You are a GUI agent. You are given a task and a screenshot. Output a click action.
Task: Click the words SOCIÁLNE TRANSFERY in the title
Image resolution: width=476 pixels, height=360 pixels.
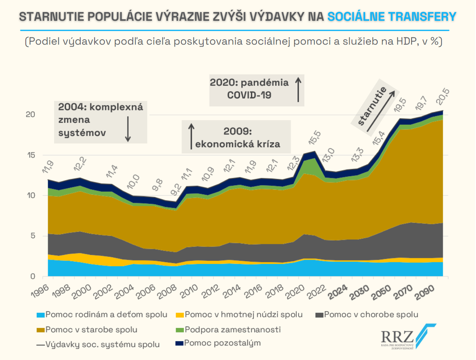pyautogui.click(x=392, y=17)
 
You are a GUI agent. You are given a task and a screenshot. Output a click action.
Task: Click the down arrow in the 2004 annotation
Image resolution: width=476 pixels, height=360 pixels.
pyautogui.click(x=128, y=129)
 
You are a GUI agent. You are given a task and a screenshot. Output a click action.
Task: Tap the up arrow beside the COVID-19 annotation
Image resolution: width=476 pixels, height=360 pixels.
pyautogui.click(x=298, y=89)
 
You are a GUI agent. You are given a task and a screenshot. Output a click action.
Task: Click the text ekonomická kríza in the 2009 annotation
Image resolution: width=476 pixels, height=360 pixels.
pyautogui.click(x=238, y=144)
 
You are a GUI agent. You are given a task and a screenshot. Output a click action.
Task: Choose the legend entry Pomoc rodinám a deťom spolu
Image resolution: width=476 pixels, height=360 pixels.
pyautogui.click(x=102, y=315)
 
